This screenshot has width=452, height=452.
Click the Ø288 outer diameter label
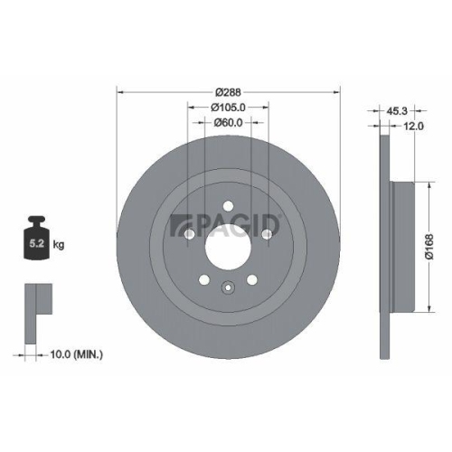coord(229,92)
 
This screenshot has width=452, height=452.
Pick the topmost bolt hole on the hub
coord(229,204)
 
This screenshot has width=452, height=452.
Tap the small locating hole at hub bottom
coord(228,289)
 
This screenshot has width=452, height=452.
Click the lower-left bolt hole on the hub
coord(204,278)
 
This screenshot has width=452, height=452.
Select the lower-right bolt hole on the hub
coord(252,278)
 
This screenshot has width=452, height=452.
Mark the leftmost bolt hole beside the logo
coord(189,236)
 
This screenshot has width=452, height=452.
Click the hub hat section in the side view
coord(403,244)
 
